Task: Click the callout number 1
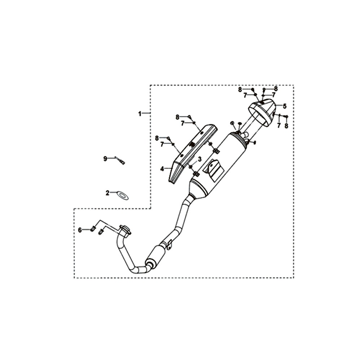(140, 113)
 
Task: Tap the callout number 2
(108, 193)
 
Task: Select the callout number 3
(199, 159)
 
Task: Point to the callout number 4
(162, 169)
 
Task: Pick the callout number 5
(285, 106)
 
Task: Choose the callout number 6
(80, 230)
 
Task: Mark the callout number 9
(105, 158)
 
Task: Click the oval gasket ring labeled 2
(122, 195)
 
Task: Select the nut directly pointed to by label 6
(92, 229)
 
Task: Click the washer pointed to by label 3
(191, 166)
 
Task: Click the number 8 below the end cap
(286, 126)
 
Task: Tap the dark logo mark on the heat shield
(191, 145)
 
